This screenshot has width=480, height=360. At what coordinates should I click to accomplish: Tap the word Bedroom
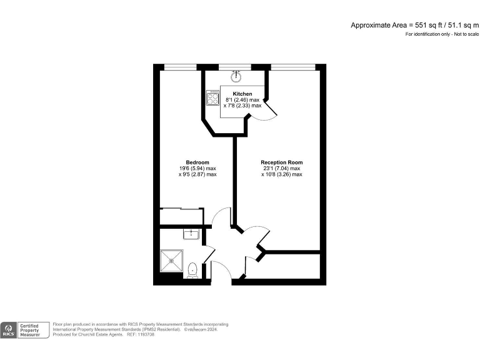197,162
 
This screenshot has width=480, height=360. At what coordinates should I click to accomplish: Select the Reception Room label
281,162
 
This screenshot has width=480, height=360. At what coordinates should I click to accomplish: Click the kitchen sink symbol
237,77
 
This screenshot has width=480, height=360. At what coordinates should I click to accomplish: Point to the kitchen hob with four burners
212,99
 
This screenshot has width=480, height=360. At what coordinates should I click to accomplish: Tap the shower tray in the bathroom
172,260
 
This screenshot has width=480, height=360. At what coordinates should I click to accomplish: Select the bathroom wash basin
191,234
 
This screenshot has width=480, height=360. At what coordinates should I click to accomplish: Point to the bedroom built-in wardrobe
181,216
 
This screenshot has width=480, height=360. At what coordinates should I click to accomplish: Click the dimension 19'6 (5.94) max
197,169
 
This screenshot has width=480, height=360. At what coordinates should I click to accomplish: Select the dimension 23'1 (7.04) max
281,169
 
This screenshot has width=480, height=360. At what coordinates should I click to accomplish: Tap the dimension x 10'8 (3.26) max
281,175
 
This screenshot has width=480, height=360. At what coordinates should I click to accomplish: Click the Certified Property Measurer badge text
32,330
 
